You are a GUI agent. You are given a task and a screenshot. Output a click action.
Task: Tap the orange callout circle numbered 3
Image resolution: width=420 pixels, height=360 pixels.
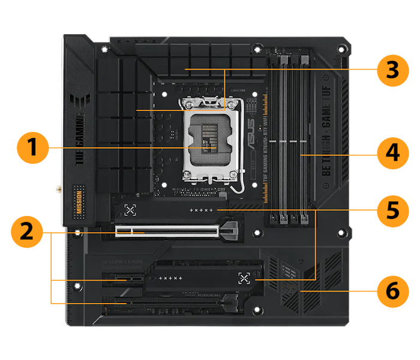coord(392,70)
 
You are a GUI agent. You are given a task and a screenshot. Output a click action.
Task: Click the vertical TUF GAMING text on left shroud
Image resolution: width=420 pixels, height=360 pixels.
coord(80,137)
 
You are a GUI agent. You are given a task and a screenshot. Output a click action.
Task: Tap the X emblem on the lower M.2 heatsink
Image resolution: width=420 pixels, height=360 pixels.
coord(242,278)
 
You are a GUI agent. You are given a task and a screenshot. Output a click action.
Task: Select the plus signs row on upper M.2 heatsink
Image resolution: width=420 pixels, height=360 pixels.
coord(201,211)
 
